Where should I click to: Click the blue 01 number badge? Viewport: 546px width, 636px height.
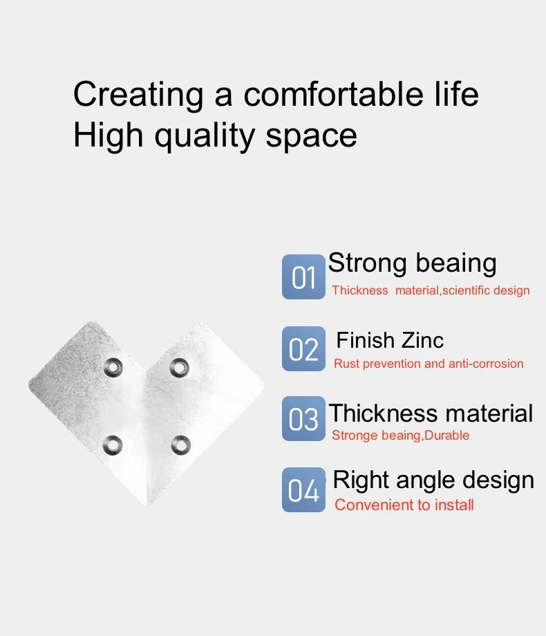point(303,277)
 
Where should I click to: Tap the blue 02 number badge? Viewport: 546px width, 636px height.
point(303,349)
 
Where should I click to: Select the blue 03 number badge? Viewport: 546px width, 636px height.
point(303,419)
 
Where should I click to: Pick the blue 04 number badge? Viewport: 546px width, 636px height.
point(303,489)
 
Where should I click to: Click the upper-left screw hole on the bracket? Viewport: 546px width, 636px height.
point(113,368)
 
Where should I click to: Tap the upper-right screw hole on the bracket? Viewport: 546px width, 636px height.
point(179,368)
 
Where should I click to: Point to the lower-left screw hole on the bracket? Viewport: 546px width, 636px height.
point(113,445)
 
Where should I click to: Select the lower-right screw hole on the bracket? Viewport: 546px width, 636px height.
point(180,445)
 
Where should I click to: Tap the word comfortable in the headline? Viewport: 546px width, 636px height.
point(333,94)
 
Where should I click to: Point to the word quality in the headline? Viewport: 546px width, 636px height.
point(205,137)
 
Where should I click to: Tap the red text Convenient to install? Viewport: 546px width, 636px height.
point(404,505)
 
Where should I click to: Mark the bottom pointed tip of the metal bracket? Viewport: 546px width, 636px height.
point(147,505)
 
